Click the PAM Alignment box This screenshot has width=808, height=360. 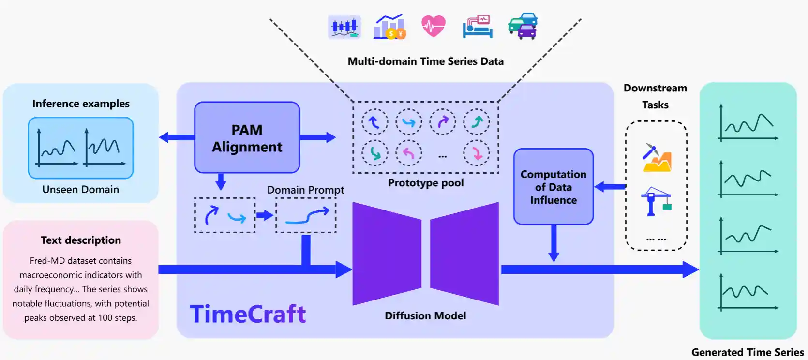247,138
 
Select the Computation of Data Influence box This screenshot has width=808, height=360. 553,187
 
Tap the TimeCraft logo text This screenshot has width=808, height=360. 247,314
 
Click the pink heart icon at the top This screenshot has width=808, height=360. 433,26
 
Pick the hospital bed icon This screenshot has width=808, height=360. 478,27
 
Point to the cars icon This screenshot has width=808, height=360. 523,26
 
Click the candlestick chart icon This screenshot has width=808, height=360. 344,27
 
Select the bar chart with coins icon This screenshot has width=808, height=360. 389,27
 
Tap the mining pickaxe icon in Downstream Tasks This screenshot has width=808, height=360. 657,158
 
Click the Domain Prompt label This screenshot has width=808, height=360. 305,190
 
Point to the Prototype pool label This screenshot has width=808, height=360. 426,183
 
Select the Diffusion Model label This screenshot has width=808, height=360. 425,315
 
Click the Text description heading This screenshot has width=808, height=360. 81,240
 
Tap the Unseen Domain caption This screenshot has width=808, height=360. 80,189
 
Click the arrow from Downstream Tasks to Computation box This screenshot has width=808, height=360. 611,186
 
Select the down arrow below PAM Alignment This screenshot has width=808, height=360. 221,181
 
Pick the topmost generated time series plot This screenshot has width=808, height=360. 748,123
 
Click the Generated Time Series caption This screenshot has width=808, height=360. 748,352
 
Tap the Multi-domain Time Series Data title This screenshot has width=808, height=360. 425,61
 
